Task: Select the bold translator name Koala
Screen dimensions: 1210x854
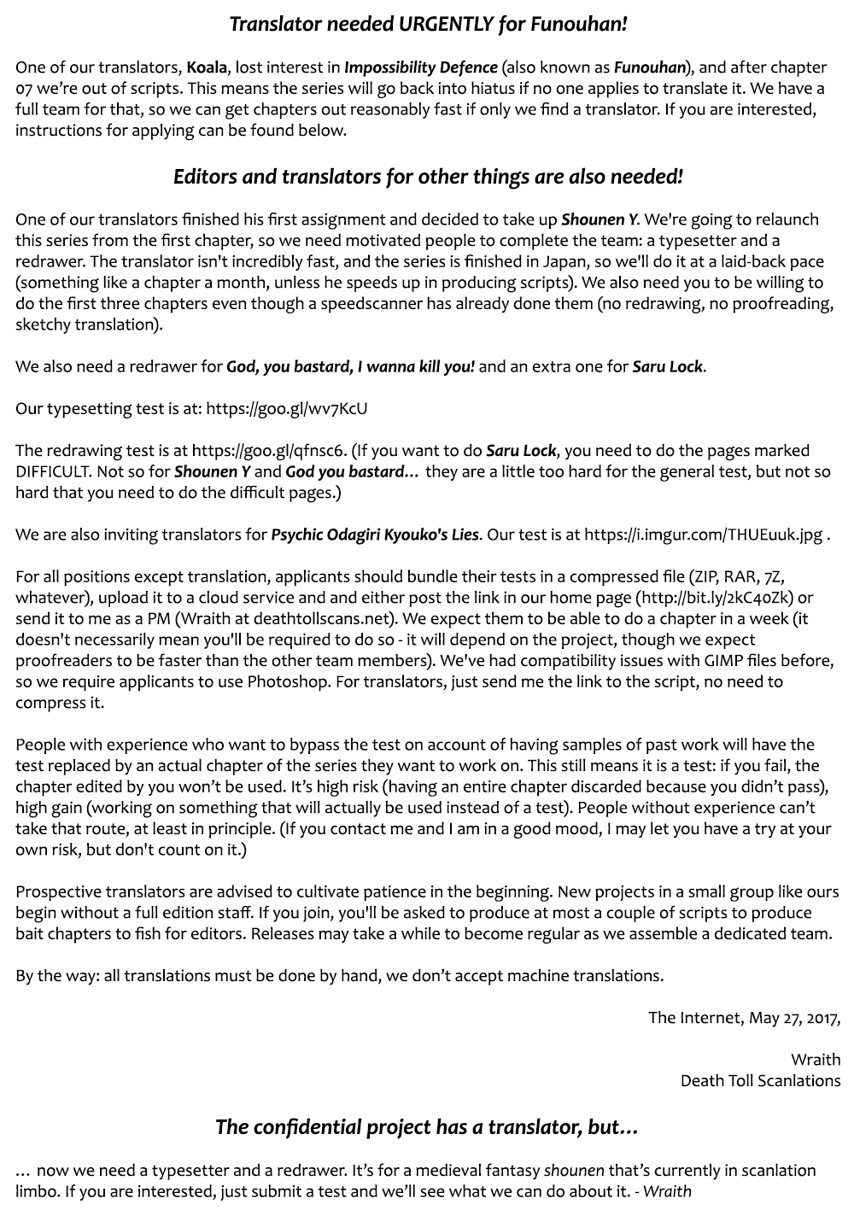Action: [x=208, y=67]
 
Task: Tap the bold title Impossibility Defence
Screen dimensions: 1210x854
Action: [x=420, y=67]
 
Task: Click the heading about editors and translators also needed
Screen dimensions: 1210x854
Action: [x=428, y=177]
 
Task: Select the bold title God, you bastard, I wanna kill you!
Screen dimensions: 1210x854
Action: [x=350, y=367]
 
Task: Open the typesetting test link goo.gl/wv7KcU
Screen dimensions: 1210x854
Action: [x=286, y=409]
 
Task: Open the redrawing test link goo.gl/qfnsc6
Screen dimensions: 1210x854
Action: [x=269, y=451]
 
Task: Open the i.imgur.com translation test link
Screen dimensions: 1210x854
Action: [x=704, y=535]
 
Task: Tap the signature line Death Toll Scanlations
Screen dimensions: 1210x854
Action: [x=760, y=1081]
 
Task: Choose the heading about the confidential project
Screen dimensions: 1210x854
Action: [x=426, y=1127]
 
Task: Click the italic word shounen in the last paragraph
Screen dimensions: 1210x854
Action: [x=574, y=1171]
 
